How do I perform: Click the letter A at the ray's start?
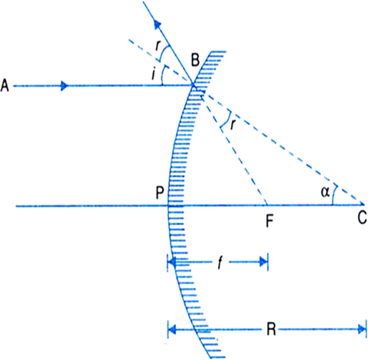[x=5, y=85]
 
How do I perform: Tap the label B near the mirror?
[x=195, y=61]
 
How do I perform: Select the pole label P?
[x=160, y=192]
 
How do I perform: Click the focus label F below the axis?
[x=269, y=221]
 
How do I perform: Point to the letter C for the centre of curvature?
[x=362, y=218]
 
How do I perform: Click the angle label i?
[x=154, y=74]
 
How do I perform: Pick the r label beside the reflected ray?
[x=158, y=46]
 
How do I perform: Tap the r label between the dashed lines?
[x=233, y=125]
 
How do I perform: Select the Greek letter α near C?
[x=325, y=191]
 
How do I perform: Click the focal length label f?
[x=220, y=263]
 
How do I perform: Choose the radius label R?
[x=271, y=329]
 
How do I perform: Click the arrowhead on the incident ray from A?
[x=65, y=86]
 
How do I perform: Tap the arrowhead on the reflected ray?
[x=158, y=25]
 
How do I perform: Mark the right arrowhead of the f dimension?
[x=263, y=262]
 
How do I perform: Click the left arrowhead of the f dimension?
[x=172, y=262]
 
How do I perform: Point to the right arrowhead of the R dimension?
[x=362, y=329]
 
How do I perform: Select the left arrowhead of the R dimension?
[x=172, y=329]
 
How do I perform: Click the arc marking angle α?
[x=334, y=195]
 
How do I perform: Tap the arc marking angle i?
[x=162, y=74]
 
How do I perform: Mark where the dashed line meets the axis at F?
[x=267, y=205]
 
